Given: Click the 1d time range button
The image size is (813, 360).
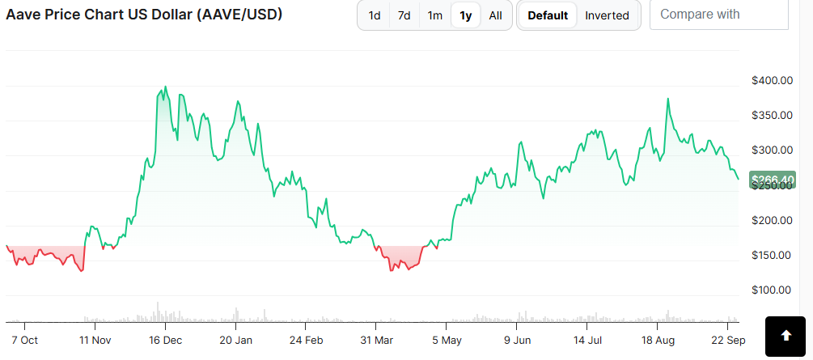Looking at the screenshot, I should point(375,15).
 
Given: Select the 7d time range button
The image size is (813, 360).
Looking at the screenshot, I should point(404,15).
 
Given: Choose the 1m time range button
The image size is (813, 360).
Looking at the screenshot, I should point(435,15).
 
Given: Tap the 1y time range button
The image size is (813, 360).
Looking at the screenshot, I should point(466,15).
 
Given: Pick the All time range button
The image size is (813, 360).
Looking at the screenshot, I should point(496,15).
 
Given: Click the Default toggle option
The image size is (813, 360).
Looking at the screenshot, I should point(548,15).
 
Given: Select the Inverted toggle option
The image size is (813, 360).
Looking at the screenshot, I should point(607,15).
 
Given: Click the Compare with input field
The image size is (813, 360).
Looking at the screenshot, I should point(718,15).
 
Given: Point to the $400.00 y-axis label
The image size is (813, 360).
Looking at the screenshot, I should point(770,80).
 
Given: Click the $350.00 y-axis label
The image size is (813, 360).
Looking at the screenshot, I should point(770,115).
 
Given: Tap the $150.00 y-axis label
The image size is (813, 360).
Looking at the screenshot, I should point(770,255).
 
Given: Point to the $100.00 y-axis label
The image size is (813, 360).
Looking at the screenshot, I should point(770,290).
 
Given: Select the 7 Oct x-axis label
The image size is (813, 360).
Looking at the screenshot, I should point(24,339).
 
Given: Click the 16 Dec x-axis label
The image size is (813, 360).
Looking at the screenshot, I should point(166,339).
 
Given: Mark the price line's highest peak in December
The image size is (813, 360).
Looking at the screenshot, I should point(166,87).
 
